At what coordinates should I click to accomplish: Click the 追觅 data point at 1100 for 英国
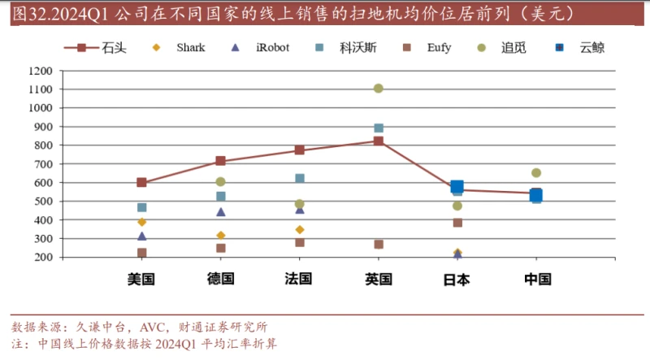(x=378, y=89)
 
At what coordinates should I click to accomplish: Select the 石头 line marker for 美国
(x=141, y=183)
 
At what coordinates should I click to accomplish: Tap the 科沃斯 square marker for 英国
(x=378, y=128)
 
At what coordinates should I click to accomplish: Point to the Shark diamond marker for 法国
(x=299, y=230)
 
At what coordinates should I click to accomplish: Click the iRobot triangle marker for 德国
(x=220, y=212)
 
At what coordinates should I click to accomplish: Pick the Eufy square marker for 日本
(x=457, y=223)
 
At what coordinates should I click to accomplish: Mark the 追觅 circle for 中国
(x=536, y=173)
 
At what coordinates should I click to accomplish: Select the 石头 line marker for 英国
(x=378, y=141)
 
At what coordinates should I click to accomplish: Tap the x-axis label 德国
(x=220, y=280)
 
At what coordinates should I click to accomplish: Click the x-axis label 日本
(x=457, y=280)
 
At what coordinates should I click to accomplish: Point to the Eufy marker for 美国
(x=141, y=254)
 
